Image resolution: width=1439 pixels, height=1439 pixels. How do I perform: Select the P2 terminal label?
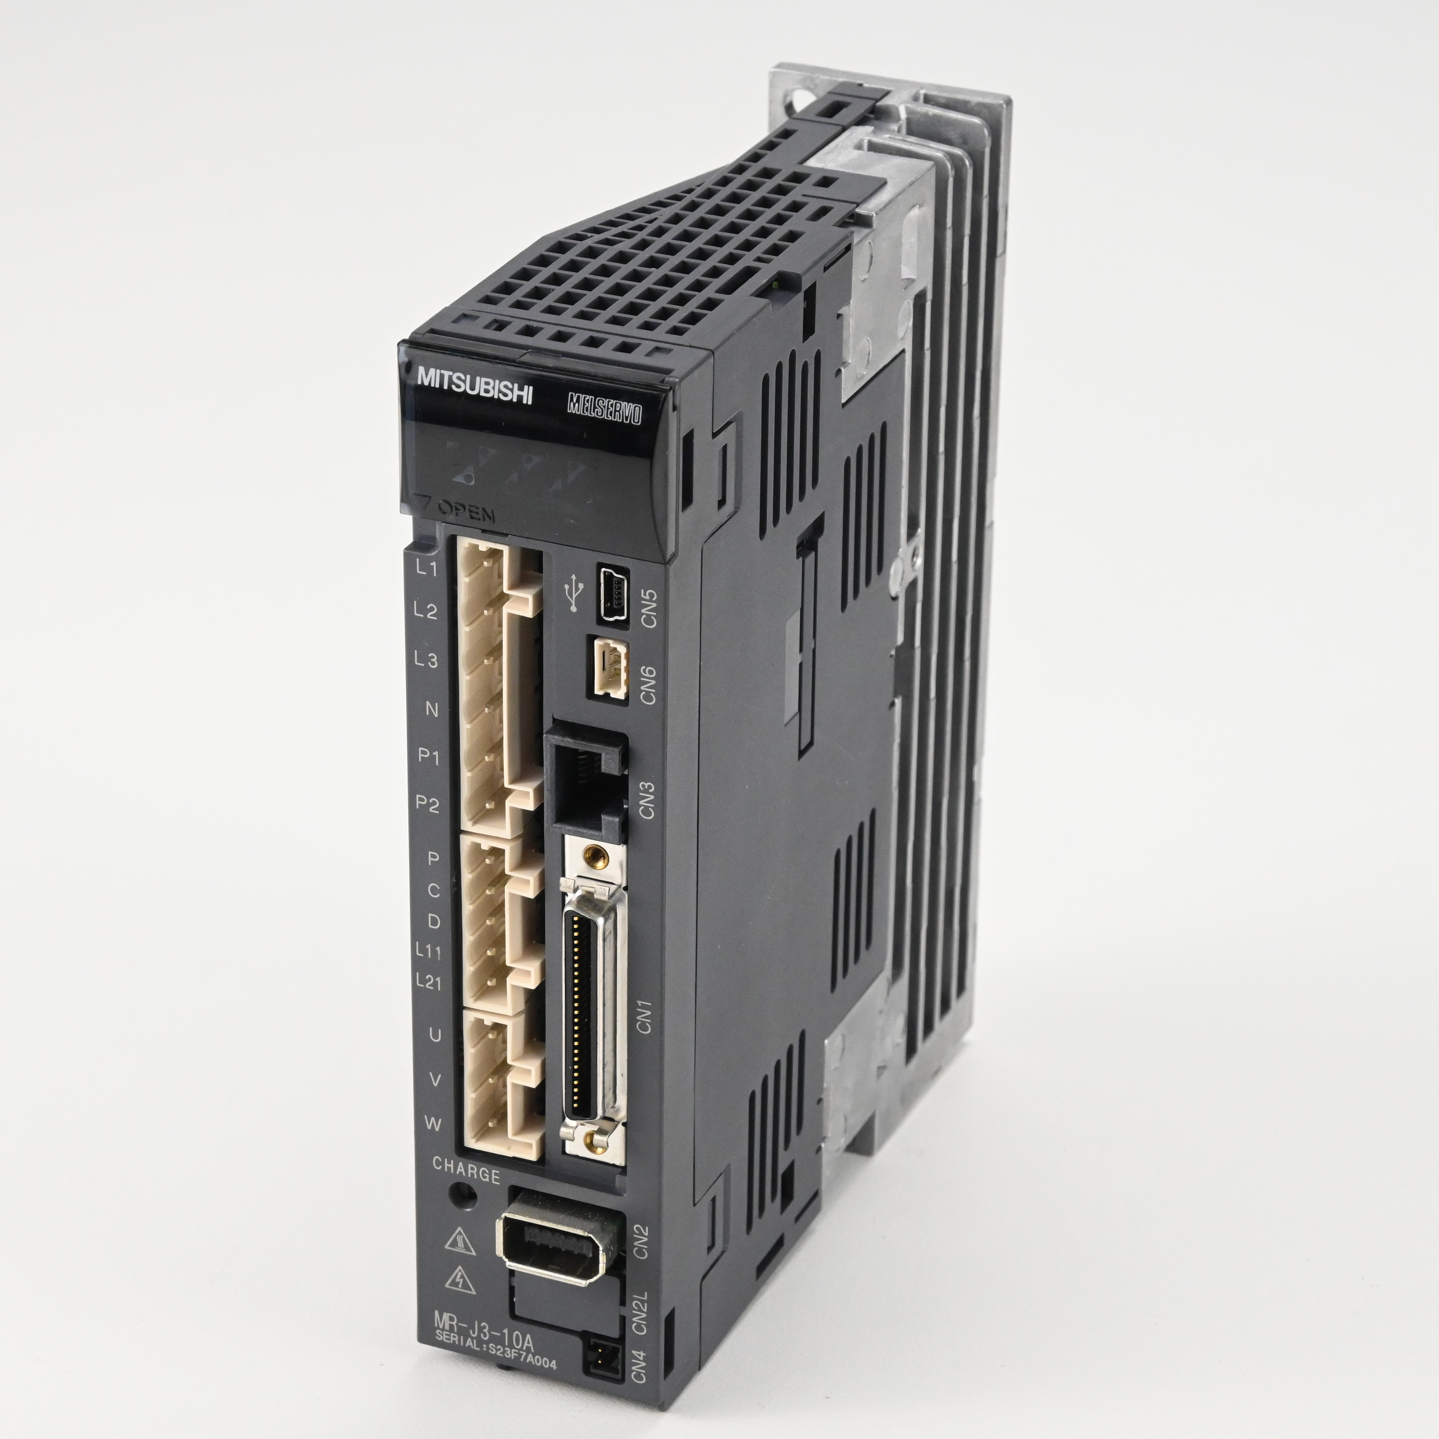428,804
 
